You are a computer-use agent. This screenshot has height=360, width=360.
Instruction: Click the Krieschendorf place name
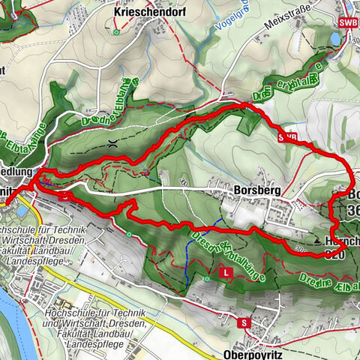144,13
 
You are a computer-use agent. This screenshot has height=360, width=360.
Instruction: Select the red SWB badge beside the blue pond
348,23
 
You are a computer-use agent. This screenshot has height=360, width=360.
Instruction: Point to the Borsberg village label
256,191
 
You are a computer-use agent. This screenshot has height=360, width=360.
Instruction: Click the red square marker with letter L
226,274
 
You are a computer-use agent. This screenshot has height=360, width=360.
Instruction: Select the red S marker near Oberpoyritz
244,322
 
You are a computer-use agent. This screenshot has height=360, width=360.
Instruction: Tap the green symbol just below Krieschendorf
115,32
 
